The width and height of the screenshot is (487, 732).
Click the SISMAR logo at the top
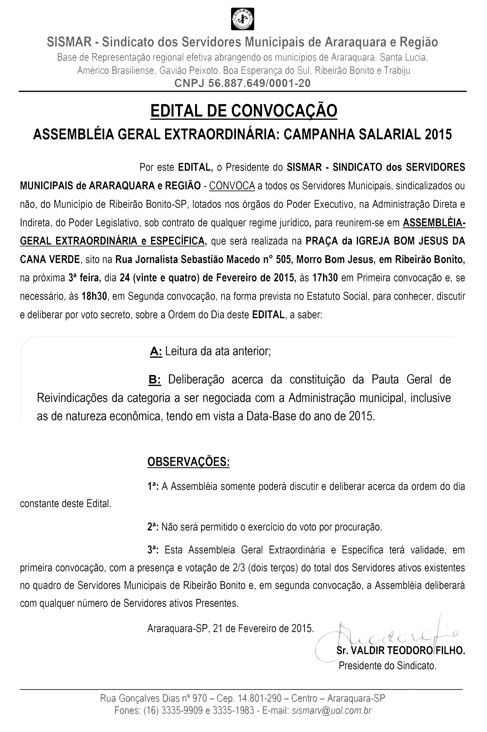point(242,19)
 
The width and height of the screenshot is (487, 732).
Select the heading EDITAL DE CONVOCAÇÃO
point(244,111)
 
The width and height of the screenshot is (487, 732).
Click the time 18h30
point(94,296)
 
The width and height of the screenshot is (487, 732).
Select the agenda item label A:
point(156,351)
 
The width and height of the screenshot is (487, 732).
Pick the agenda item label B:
point(154,379)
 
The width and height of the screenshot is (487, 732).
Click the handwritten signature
point(388,635)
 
